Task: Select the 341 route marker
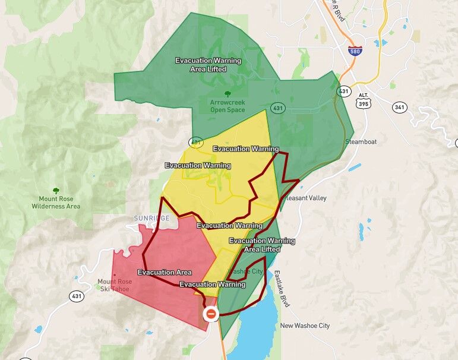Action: point(400,107)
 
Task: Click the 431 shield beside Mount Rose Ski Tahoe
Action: point(76,296)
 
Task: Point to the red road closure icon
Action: point(210,313)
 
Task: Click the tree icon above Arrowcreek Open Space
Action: point(228,93)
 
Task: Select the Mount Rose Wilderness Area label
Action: point(56,203)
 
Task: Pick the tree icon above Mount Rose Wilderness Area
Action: point(56,191)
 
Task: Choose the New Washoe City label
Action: point(305,326)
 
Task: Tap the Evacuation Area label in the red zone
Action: point(165,272)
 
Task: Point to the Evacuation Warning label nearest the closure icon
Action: point(212,285)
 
